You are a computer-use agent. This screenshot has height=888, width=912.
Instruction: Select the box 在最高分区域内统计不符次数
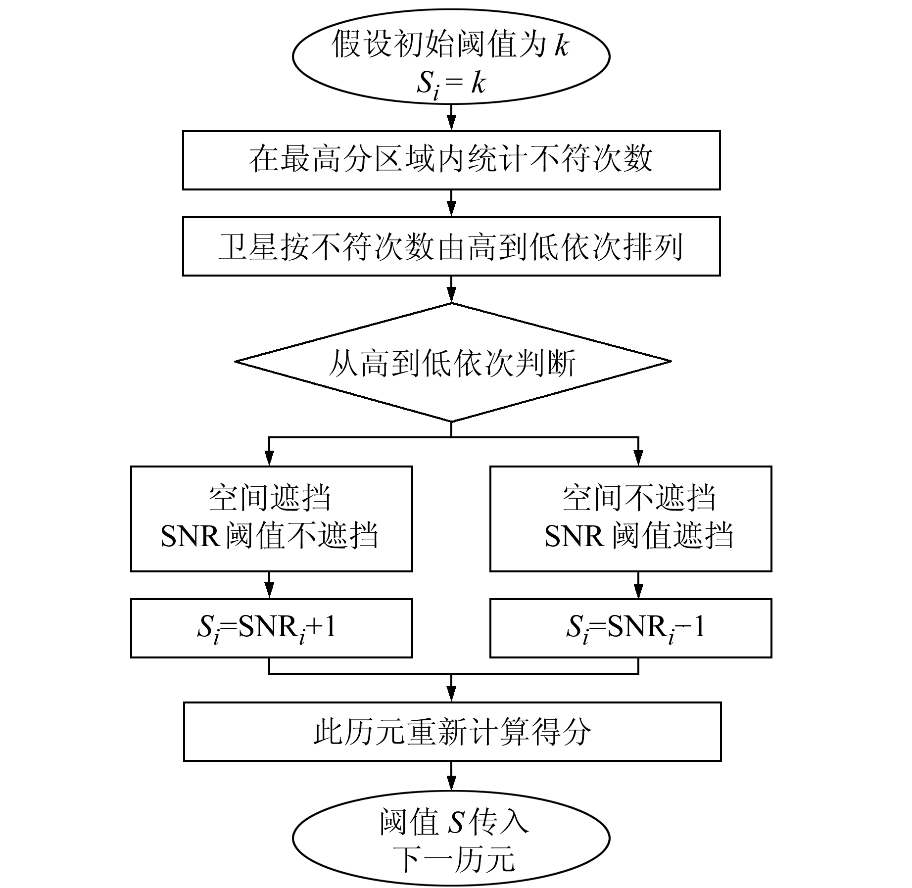451,160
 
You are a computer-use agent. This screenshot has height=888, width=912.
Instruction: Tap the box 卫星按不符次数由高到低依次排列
451,246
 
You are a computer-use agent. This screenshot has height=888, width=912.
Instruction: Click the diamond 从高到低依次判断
452,362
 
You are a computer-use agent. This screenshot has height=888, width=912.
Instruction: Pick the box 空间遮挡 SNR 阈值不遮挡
271,518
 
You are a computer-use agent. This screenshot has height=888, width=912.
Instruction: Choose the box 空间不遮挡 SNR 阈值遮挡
630,518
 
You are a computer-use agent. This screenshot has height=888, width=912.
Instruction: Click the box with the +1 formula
271,628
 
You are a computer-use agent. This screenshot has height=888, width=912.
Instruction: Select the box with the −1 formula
630,628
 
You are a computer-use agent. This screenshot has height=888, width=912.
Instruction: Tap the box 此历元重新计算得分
452,731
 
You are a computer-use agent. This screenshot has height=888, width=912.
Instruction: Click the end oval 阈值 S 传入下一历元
451,838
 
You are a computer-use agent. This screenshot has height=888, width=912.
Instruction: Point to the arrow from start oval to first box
451,118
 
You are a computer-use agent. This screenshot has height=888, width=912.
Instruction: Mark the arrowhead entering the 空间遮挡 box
269,459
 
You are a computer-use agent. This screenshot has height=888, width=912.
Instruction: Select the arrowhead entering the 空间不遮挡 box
638,459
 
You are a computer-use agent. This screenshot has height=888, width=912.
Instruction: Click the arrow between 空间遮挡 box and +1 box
269,586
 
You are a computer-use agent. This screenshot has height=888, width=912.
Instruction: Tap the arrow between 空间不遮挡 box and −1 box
638,586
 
